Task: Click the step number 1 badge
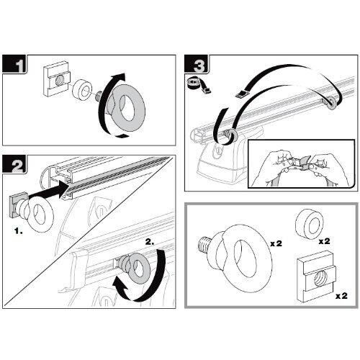tap(14, 64)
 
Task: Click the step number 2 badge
tap(14, 164)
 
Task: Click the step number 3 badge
tap(197, 64)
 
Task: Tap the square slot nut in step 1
tap(57, 81)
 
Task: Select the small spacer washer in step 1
tap(83, 90)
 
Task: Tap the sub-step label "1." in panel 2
tap(19, 232)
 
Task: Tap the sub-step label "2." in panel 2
tap(150, 242)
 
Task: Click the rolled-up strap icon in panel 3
tap(199, 84)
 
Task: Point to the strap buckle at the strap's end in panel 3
tap(243, 94)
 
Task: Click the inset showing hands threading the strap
tap(301, 163)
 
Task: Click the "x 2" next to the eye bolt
tap(276, 244)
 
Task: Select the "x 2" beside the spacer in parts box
tap(324, 240)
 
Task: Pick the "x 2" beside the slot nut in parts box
tap(341, 296)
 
